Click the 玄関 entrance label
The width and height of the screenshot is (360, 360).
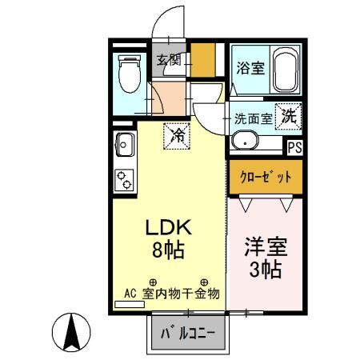tap(168, 59)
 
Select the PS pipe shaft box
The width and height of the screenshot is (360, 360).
tap(294, 146)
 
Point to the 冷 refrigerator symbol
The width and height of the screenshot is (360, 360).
tap(178, 136)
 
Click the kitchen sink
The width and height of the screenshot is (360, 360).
tap(126, 146)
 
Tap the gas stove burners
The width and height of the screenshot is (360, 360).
tap(126, 180)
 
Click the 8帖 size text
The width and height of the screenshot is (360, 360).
tap(168, 250)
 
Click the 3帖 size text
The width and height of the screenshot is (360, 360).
tap(265, 270)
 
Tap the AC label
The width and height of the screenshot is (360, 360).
tap(130, 294)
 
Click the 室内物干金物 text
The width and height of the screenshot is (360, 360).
tap(182, 294)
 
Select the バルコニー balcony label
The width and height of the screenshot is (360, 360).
tap(187, 333)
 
